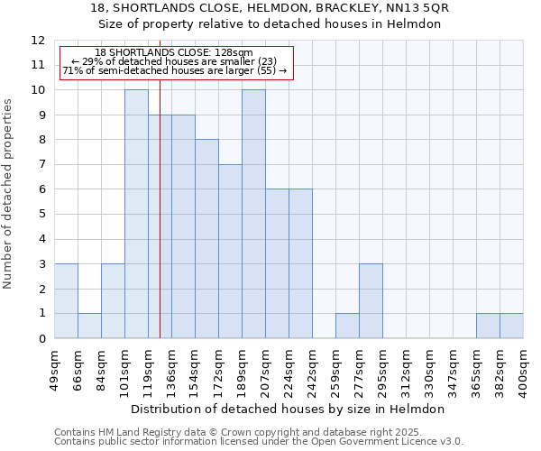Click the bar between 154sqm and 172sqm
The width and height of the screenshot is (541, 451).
coord(206,239)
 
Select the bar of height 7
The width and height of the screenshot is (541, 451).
coord(230,252)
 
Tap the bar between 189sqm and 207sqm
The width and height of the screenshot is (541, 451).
coord(253,215)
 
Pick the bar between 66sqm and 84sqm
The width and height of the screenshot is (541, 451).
coord(89,326)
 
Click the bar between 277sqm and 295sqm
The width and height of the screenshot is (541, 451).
coord(371,301)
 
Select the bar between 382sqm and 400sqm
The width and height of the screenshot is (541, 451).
coord(511,326)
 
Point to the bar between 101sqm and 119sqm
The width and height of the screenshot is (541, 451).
coord(136,215)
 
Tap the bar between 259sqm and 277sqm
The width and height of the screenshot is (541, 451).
coord(347,326)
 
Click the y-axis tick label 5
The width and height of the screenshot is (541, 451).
coord(41,215)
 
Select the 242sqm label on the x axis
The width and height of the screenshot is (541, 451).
coord(312,368)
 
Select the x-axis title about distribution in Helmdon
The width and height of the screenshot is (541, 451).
coord(289,409)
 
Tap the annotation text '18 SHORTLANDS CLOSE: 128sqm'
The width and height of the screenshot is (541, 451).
coord(173,53)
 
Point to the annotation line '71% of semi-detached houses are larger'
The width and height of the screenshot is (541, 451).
coord(173,70)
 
